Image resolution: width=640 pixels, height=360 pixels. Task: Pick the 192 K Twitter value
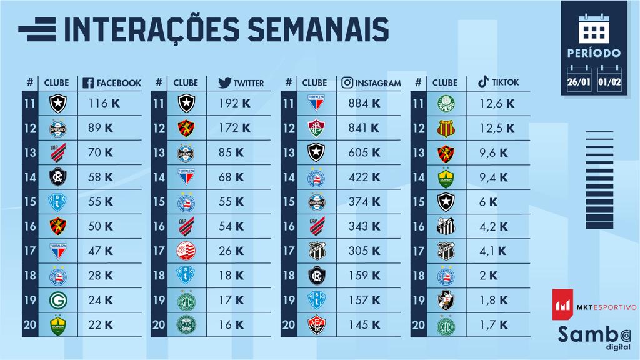click(234, 102)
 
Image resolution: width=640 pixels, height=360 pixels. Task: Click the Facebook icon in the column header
click(88, 82)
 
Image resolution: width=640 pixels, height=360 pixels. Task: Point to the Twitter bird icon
click(224, 82)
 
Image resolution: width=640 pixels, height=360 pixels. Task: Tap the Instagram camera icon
click(348, 82)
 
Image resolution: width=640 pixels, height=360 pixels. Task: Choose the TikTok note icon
click(482, 82)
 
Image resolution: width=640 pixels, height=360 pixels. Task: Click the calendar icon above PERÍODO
click(594, 27)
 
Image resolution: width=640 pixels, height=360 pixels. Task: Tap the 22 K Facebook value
click(101, 325)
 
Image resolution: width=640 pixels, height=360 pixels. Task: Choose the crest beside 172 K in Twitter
click(187, 128)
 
